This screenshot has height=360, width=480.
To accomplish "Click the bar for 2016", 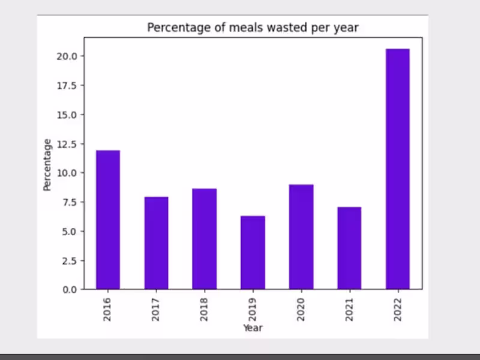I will click(108, 220).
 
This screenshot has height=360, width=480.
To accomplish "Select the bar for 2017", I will click(156, 243).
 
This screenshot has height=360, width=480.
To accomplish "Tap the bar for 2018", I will click(205, 239).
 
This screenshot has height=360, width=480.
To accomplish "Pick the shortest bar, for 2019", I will click(253, 253).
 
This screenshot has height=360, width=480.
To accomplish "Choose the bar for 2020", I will click(301, 237).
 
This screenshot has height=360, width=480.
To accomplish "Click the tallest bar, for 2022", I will click(397, 169).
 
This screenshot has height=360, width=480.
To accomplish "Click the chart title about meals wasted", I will click(253, 28).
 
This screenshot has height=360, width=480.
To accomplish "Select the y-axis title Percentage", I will click(47, 165).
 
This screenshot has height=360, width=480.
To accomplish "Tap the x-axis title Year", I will click(253, 328).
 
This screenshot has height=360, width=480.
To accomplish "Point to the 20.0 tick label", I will click(66, 56).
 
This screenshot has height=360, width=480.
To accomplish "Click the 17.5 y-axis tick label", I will click(66, 85).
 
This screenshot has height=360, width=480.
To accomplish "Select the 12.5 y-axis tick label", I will click(66, 143).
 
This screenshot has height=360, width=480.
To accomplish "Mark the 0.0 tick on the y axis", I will click(68, 289).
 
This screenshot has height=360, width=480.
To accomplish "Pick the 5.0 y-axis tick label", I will click(68, 231).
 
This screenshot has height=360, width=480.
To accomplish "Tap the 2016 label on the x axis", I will click(107, 308).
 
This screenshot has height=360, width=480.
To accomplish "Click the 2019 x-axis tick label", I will click(253, 308).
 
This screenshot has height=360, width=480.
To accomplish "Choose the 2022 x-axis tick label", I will click(397, 308).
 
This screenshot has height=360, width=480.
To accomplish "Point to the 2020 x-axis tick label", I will click(301, 308).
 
